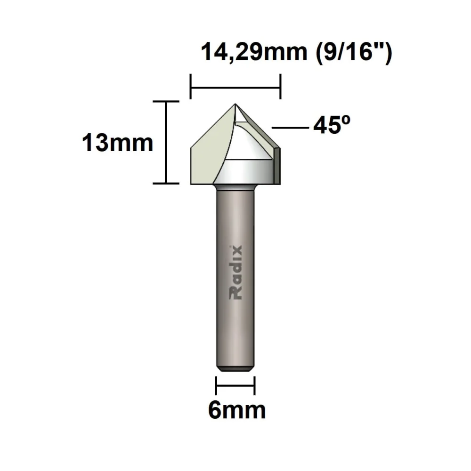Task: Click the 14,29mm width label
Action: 253,52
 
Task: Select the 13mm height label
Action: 118,143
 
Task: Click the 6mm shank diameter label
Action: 237,411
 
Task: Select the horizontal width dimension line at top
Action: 235,87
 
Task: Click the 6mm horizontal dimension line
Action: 235,386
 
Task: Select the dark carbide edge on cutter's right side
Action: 277,165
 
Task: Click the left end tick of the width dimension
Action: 190,87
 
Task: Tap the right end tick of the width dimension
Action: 281,87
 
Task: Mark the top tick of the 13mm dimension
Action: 166,101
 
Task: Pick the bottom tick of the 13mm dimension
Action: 166,183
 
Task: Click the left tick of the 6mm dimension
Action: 216,386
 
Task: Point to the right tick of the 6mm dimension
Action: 254,386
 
